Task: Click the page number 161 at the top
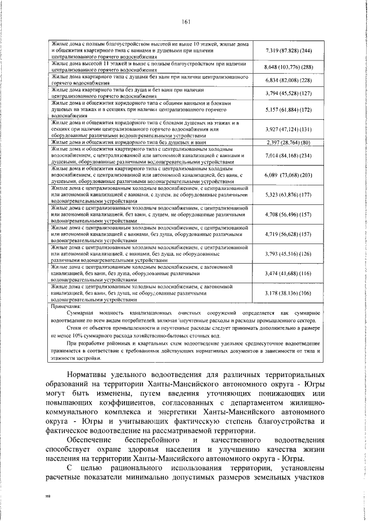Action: [x=186, y=22]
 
